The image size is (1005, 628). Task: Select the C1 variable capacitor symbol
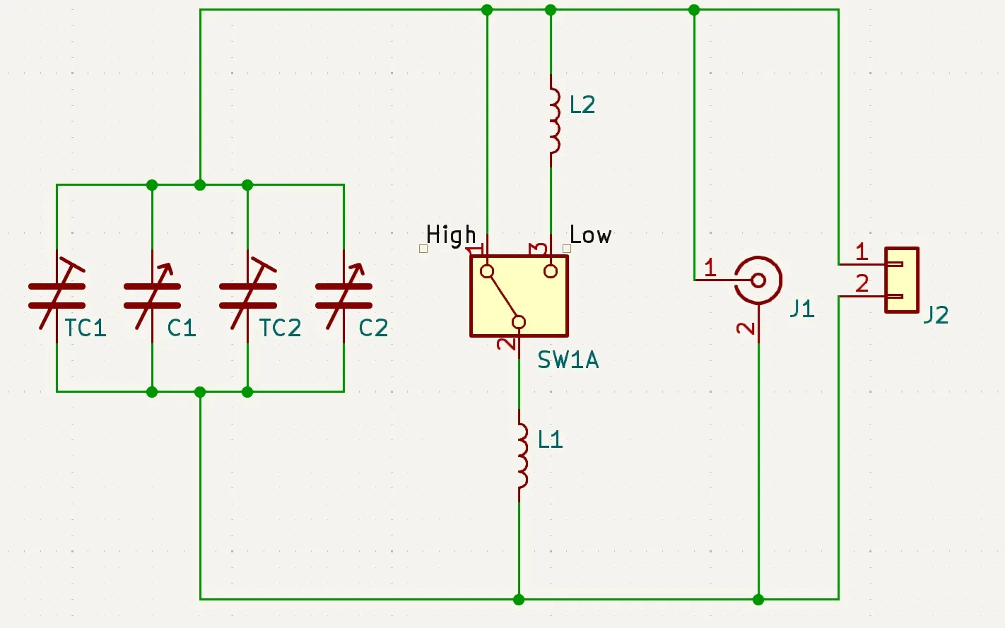pos(152,296)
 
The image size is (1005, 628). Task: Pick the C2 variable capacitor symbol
pos(343,296)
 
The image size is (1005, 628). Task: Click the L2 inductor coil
pos(555,120)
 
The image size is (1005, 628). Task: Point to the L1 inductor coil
pos(523,456)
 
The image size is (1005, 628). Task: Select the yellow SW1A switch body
pos(519,296)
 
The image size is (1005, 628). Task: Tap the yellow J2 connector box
pos(902,280)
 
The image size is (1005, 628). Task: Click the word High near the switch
pos(451,235)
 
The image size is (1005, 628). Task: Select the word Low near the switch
pos(590,235)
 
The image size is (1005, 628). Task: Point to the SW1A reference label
pos(568,360)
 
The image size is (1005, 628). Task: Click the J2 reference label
pos(936,315)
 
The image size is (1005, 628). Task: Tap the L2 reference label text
pos(582,105)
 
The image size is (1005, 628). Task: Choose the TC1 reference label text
pos(86,328)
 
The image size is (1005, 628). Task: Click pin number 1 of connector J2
pos(861,251)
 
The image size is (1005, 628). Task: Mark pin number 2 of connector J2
pos(862,284)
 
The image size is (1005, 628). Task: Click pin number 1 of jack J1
pos(710,268)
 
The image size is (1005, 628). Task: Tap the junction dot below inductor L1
pos(519,599)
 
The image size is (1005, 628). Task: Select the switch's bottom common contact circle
pos(519,322)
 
